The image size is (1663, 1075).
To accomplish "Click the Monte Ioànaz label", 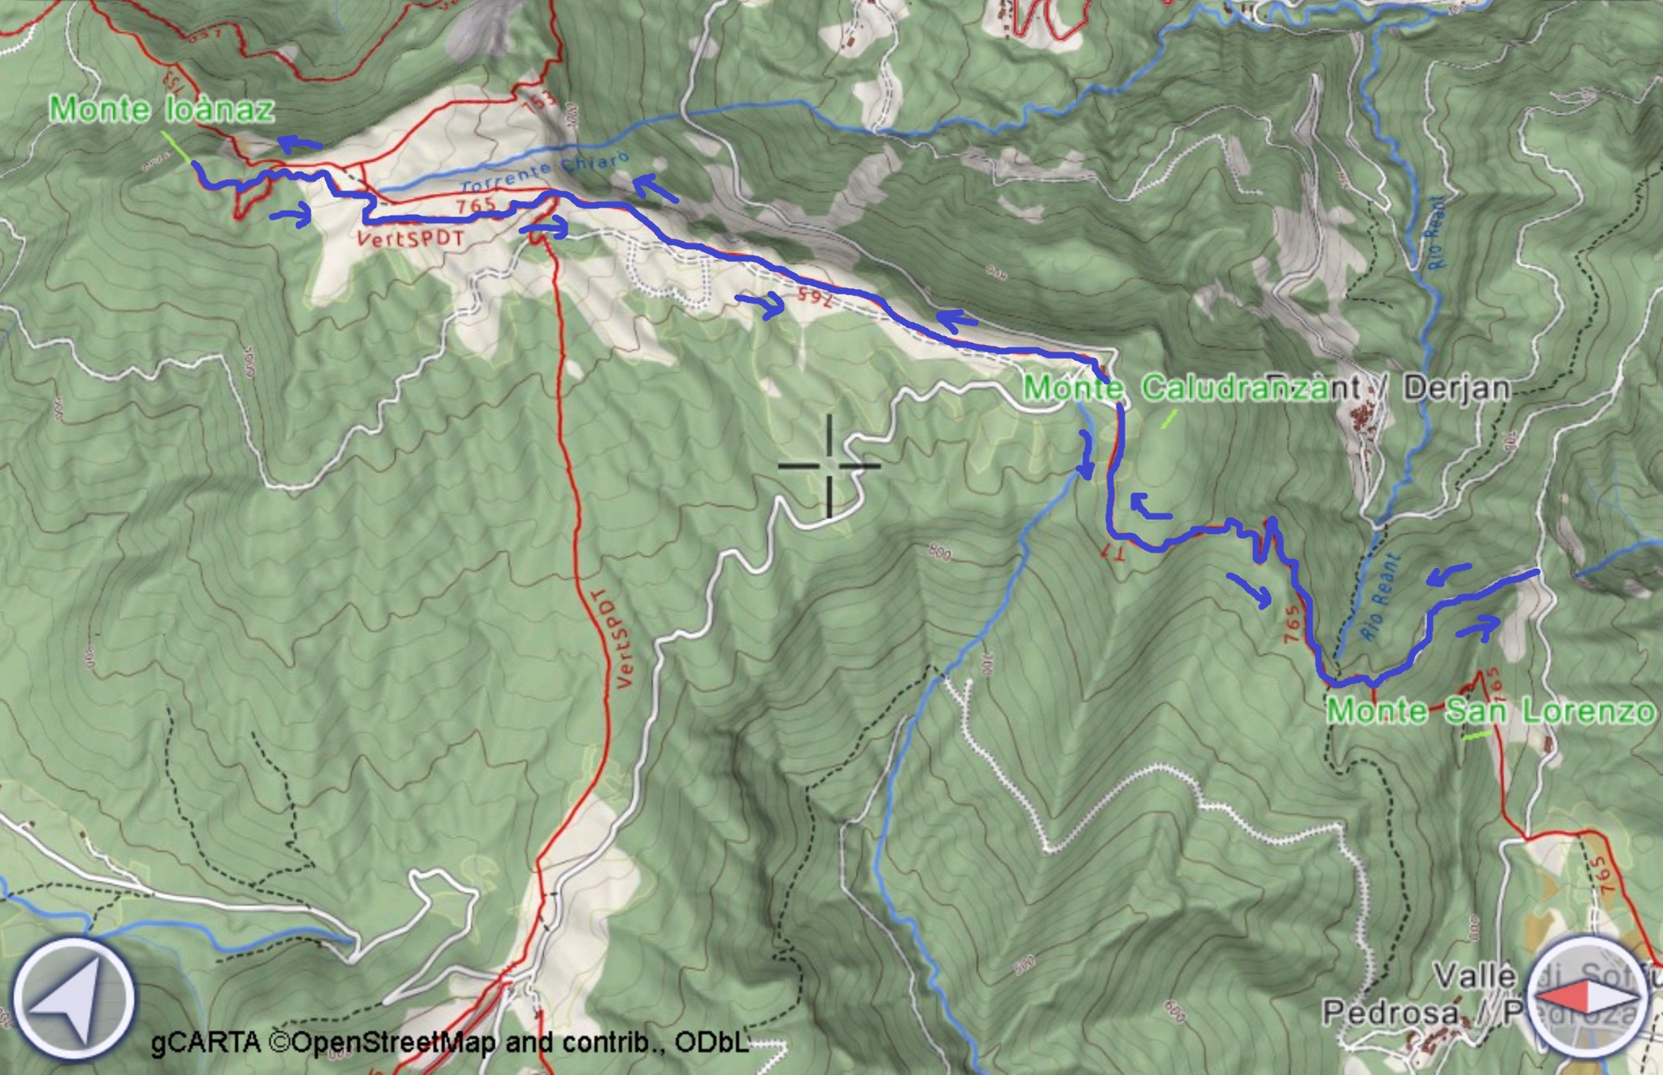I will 161,110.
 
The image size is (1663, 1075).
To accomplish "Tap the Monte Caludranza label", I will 1175,388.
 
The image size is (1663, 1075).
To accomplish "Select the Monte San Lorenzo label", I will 1490,711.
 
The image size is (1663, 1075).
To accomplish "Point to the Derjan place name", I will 1456,388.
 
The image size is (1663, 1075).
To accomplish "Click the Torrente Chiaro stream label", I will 545,174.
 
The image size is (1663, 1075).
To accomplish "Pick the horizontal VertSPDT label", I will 410,238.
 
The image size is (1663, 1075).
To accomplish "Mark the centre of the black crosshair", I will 829,466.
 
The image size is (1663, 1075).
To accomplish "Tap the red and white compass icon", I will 1586,997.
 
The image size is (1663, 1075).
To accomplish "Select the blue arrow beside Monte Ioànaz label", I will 298,145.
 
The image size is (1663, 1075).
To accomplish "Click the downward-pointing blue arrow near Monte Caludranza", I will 1086,456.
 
